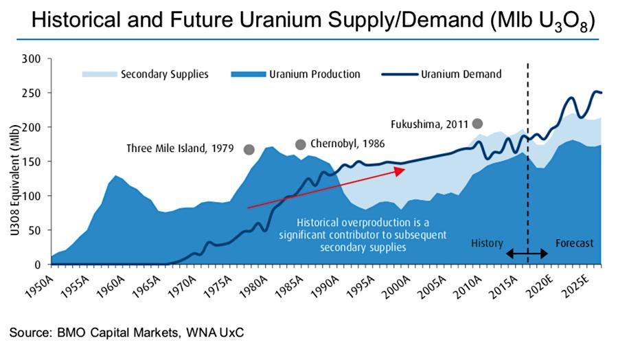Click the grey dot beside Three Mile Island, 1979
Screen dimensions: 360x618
[249, 149]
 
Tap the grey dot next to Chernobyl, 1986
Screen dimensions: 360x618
[300, 144]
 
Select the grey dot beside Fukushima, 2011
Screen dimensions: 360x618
[477, 124]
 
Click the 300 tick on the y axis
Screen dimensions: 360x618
[32, 58]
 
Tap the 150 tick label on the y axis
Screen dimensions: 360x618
[32, 161]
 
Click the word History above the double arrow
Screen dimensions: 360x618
[487, 243]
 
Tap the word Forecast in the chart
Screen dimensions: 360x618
[573, 243]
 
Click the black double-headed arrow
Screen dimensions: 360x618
[527, 254]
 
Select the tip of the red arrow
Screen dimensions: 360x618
[404, 170]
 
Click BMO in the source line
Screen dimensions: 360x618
[76, 333]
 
